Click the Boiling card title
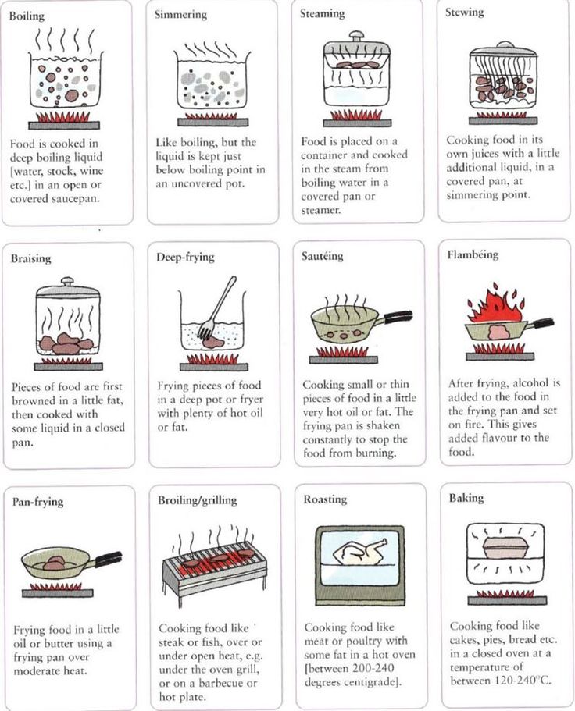click(x=27, y=16)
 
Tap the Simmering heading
click(x=180, y=15)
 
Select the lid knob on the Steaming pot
click(x=356, y=36)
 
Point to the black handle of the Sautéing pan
click(x=398, y=316)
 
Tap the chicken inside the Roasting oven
click(x=360, y=553)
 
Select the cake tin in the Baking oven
click(x=505, y=548)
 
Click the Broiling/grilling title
click(x=198, y=500)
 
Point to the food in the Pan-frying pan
click(x=54, y=563)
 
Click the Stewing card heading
click(x=464, y=12)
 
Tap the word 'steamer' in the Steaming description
click(x=320, y=211)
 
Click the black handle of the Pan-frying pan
click(x=109, y=559)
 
